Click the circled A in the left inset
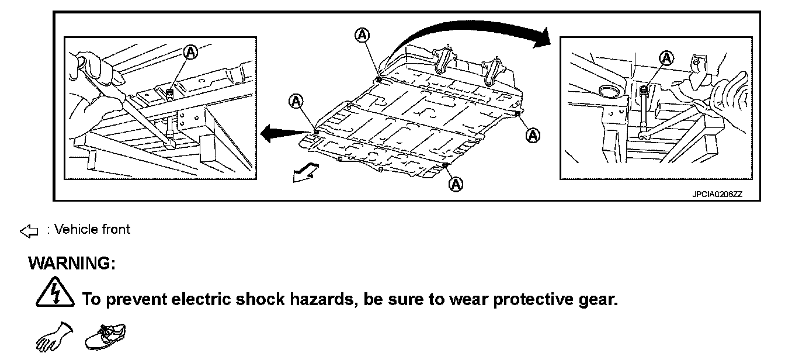(x=191, y=52)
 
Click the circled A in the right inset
(x=666, y=57)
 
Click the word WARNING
(x=72, y=264)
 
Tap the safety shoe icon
(x=106, y=337)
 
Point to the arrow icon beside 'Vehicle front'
(x=29, y=232)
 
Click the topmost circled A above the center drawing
(x=362, y=35)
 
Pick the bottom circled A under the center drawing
(x=456, y=184)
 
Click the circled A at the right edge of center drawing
(x=532, y=135)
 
